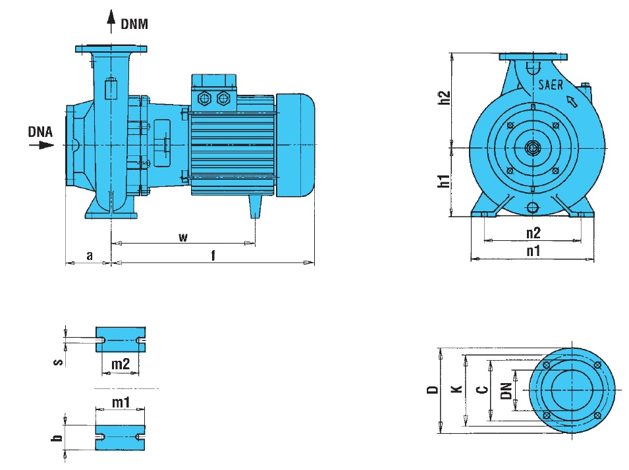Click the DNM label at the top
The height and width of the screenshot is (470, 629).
coord(135,25)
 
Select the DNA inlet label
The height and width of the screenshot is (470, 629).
coord(40,131)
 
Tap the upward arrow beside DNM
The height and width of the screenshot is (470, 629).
coord(110,23)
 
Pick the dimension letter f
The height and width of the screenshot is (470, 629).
coord(213,255)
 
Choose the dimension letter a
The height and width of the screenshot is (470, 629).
coord(89,255)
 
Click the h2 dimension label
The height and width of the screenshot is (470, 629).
coord(445,97)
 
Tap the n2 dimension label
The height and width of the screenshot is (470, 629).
coord(533,232)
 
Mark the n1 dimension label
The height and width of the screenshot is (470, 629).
coord(533,251)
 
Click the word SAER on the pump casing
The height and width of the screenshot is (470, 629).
coord(550,85)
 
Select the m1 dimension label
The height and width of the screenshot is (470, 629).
coord(120,402)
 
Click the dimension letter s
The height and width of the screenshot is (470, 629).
coord(59,361)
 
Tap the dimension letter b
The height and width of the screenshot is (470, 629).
coord(59,437)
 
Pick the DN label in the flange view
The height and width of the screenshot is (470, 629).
coord(506,391)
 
